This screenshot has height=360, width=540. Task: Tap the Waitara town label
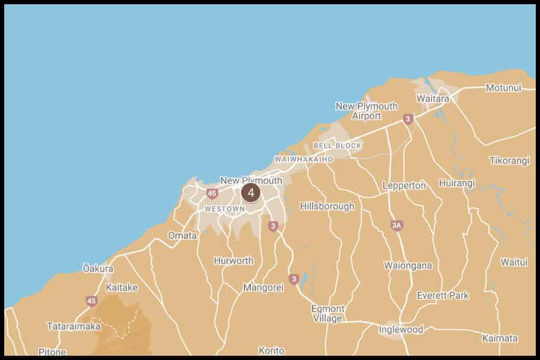[432, 99]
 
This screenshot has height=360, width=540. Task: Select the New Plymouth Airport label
[367, 111]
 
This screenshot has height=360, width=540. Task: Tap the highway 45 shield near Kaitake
[92, 301]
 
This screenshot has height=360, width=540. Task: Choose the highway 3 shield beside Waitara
[407, 120]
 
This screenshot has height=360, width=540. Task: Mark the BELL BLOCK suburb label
[337, 145]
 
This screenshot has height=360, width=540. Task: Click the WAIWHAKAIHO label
[304, 159]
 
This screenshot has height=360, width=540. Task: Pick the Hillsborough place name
[327, 207]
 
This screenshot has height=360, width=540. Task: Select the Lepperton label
[404, 186]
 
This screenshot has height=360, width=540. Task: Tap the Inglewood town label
[401, 329]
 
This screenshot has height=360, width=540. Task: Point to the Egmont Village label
[327, 314]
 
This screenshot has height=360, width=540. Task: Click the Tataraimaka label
[73, 326]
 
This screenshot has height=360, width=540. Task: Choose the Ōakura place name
[98, 268]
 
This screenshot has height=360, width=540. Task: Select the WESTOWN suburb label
[225, 209]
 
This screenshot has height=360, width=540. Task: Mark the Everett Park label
[442, 295]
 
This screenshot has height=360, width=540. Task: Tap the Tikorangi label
[509, 161]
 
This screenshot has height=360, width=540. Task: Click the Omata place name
[182, 236]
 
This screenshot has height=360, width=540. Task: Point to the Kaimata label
[500, 338]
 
